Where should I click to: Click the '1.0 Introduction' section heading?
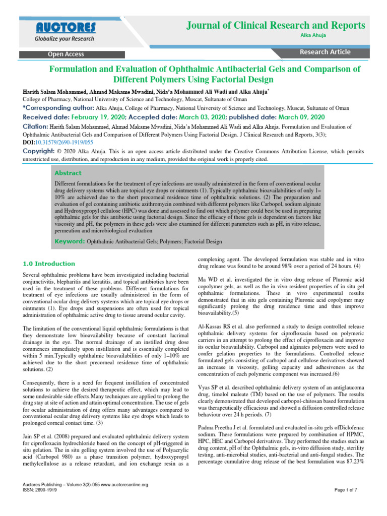[49, 264]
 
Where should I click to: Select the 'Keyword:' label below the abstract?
[70, 241]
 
